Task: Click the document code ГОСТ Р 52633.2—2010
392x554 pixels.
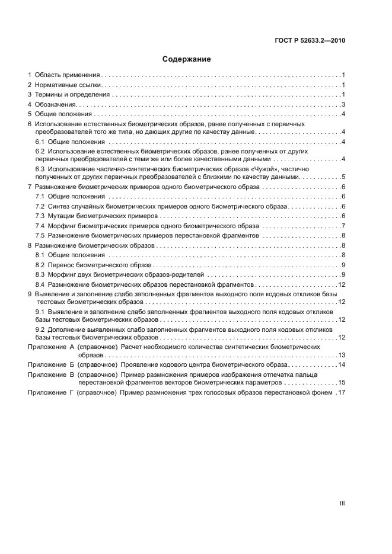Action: tap(310, 41)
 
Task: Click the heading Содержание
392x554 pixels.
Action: tap(187, 59)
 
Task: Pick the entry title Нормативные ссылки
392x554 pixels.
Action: tap(67, 85)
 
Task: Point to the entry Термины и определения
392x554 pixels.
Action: tap(72, 95)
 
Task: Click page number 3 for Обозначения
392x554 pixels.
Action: tap(343, 104)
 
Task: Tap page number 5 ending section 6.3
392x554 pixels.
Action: tap(343, 177)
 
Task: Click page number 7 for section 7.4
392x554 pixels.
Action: tap(343, 226)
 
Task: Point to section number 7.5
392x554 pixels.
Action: tap(40, 235)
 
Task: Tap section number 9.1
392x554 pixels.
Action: tap(40, 312)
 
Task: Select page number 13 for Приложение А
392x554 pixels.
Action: tap(342, 354)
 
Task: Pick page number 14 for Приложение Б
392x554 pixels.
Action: tap(342, 364)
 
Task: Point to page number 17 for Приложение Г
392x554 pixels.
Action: tap(342, 393)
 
